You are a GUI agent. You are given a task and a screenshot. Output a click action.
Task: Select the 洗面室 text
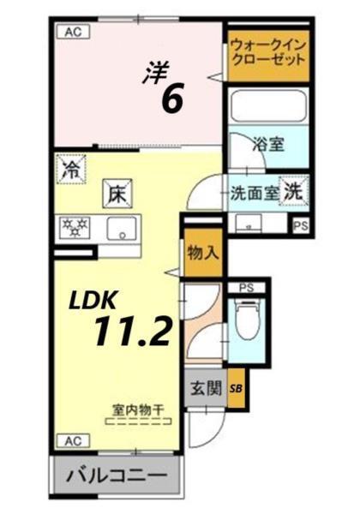tap(253, 192)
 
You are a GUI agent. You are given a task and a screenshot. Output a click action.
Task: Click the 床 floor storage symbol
tap(116, 194)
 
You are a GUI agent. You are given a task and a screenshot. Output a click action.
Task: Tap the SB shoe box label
tap(236, 390)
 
